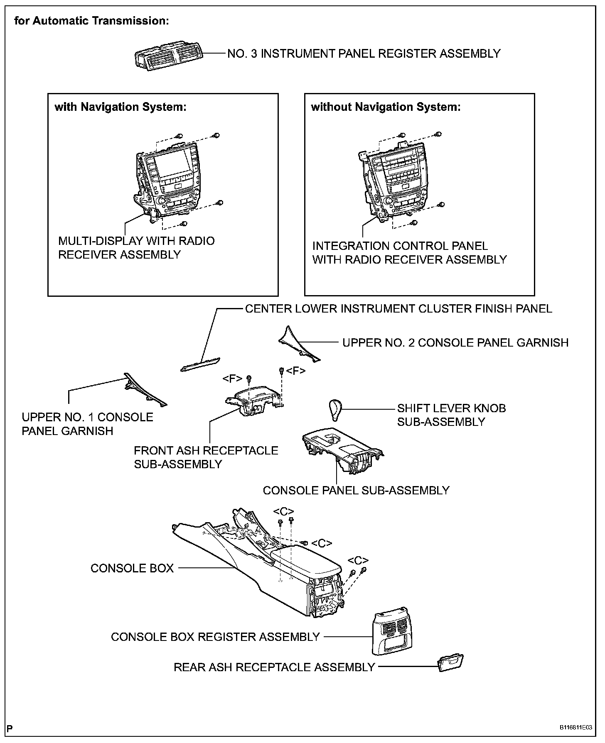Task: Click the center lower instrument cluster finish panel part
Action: coord(200,364)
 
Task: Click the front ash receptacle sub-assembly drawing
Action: coord(254,400)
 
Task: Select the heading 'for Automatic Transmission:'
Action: coord(91,21)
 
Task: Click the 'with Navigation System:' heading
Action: coord(121,107)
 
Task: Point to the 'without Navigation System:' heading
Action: coord(386,107)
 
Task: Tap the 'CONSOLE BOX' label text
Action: coord(132,568)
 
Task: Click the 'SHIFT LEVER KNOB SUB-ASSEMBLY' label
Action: coord(451,415)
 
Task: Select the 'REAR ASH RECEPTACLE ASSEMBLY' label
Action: coord(274,667)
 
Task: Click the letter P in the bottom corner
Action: coord(10,728)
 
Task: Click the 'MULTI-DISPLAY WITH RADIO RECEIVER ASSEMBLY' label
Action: coord(136,247)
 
